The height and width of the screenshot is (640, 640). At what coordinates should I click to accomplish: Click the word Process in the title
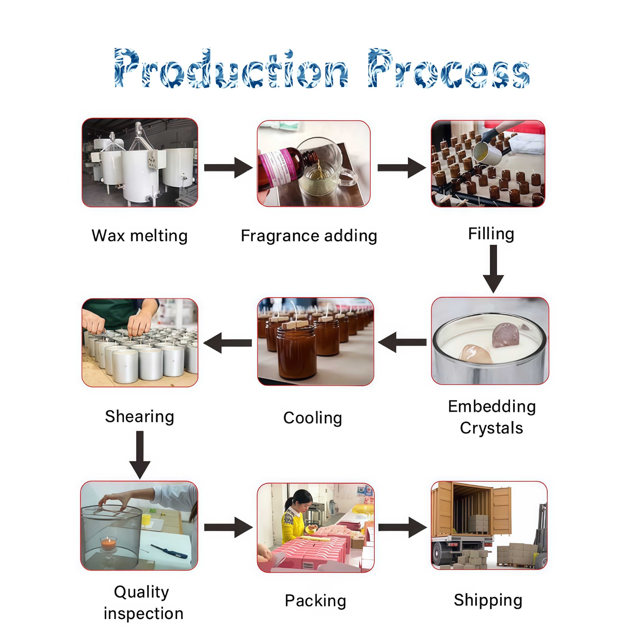pyautogui.click(x=449, y=68)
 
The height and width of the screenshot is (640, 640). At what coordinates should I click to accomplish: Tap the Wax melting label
pyautogui.click(x=140, y=236)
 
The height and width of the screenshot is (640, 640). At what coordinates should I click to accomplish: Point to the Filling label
pyautogui.click(x=491, y=234)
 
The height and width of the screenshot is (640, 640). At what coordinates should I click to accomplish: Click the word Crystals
pyautogui.click(x=491, y=428)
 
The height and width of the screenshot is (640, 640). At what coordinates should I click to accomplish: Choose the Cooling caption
pyautogui.click(x=313, y=418)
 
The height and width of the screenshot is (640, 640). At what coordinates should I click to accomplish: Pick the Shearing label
pyautogui.click(x=140, y=417)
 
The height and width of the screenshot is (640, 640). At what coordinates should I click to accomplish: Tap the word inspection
pyautogui.click(x=144, y=614)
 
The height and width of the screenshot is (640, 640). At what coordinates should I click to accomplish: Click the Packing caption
pyautogui.click(x=315, y=601)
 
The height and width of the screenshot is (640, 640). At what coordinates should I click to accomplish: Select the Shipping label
pyautogui.click(x=488, y=600)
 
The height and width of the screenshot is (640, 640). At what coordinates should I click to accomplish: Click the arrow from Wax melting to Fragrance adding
pyautogui.click(x=228, y=167)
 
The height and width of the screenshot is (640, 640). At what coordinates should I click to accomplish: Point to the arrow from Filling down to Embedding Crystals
pyautogui.click(x=493, y=269)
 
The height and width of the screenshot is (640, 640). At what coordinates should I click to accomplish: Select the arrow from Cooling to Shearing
pyautogui.click(x=228, y=343)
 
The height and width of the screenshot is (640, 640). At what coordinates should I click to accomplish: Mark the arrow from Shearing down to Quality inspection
pyautogui.click(x=140, y=455)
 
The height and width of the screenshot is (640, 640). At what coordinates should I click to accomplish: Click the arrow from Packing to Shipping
pyautogui.click(x=403, y=527)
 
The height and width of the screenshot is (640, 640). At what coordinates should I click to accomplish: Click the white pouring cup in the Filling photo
pyautogui.click(x=487, y=153)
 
